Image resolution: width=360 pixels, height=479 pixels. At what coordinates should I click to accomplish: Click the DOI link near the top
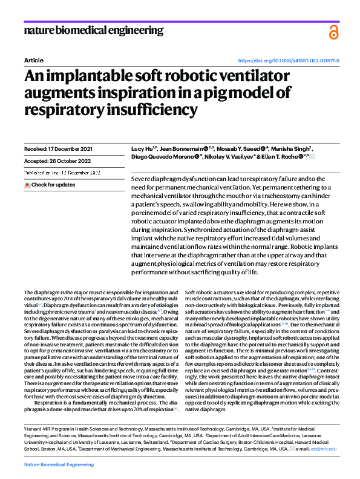289,61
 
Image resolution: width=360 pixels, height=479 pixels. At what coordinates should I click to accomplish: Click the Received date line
58,148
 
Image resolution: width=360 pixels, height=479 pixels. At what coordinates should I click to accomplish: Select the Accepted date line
57,160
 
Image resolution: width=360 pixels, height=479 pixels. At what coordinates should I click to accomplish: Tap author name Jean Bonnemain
180,148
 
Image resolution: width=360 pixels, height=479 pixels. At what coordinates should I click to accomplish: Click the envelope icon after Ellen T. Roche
312,156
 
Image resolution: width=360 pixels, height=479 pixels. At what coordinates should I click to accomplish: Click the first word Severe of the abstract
142,180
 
